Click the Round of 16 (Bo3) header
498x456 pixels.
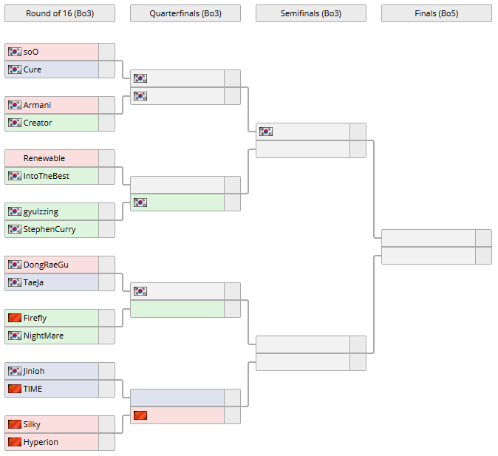(59, 13)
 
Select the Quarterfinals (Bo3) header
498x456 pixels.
(185, 13)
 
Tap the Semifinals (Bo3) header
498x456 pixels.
(310, 13)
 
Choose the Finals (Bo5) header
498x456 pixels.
(436, 13)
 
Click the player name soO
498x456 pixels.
(31, 52)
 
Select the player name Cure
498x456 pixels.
(33, 69)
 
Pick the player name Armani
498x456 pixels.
(37, 105)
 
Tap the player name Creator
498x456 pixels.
(38, 123)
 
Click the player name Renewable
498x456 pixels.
(44, 158)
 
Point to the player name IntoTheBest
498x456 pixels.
(46, 176)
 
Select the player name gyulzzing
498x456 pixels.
(41, 211)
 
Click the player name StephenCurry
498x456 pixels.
(50, 229)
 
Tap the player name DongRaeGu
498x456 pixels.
(46, 265)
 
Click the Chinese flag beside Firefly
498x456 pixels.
(14, 318)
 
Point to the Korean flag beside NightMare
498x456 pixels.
(14, 336)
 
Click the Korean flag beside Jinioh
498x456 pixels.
(14, 371)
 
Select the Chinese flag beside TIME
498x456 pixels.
(14, 389)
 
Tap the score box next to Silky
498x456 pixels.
(106, 424)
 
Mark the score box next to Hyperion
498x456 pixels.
(106, 442)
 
